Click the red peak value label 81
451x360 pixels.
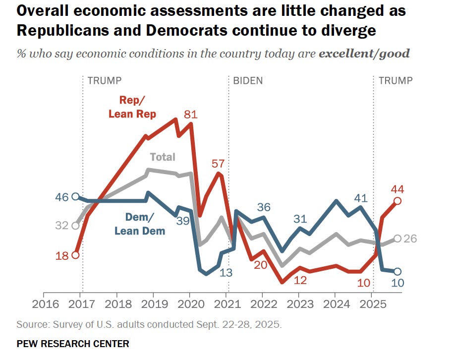click(191, 115)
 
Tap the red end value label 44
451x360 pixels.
click(398, 188)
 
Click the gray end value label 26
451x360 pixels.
click(410, 239)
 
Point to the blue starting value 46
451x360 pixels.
click(61, 196)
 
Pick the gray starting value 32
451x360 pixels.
click(61, 226)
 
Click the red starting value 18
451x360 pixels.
click(61, 255)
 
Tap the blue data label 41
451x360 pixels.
click(361, 198)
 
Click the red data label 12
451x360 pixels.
click(300, 279)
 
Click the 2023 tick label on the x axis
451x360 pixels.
click(299, 303)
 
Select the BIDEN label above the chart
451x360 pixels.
click(248, 81)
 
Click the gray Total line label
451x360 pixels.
click(163, 157)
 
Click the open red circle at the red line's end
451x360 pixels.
click(397, 201)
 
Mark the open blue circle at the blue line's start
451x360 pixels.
click(75, 196)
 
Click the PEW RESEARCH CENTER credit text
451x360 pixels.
click(73, 343)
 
